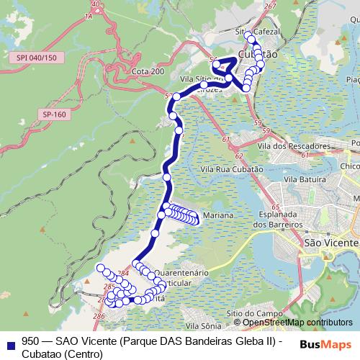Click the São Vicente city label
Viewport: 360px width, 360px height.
[330, 243]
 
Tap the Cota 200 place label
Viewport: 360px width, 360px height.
[148, 72]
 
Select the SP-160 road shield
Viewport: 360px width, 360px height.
[54, 114]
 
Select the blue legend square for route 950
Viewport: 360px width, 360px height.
[9, 342]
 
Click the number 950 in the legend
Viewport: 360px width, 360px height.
[31, 342]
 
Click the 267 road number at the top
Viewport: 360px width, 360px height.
[270, 6]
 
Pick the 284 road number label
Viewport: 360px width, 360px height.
[123, 274]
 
